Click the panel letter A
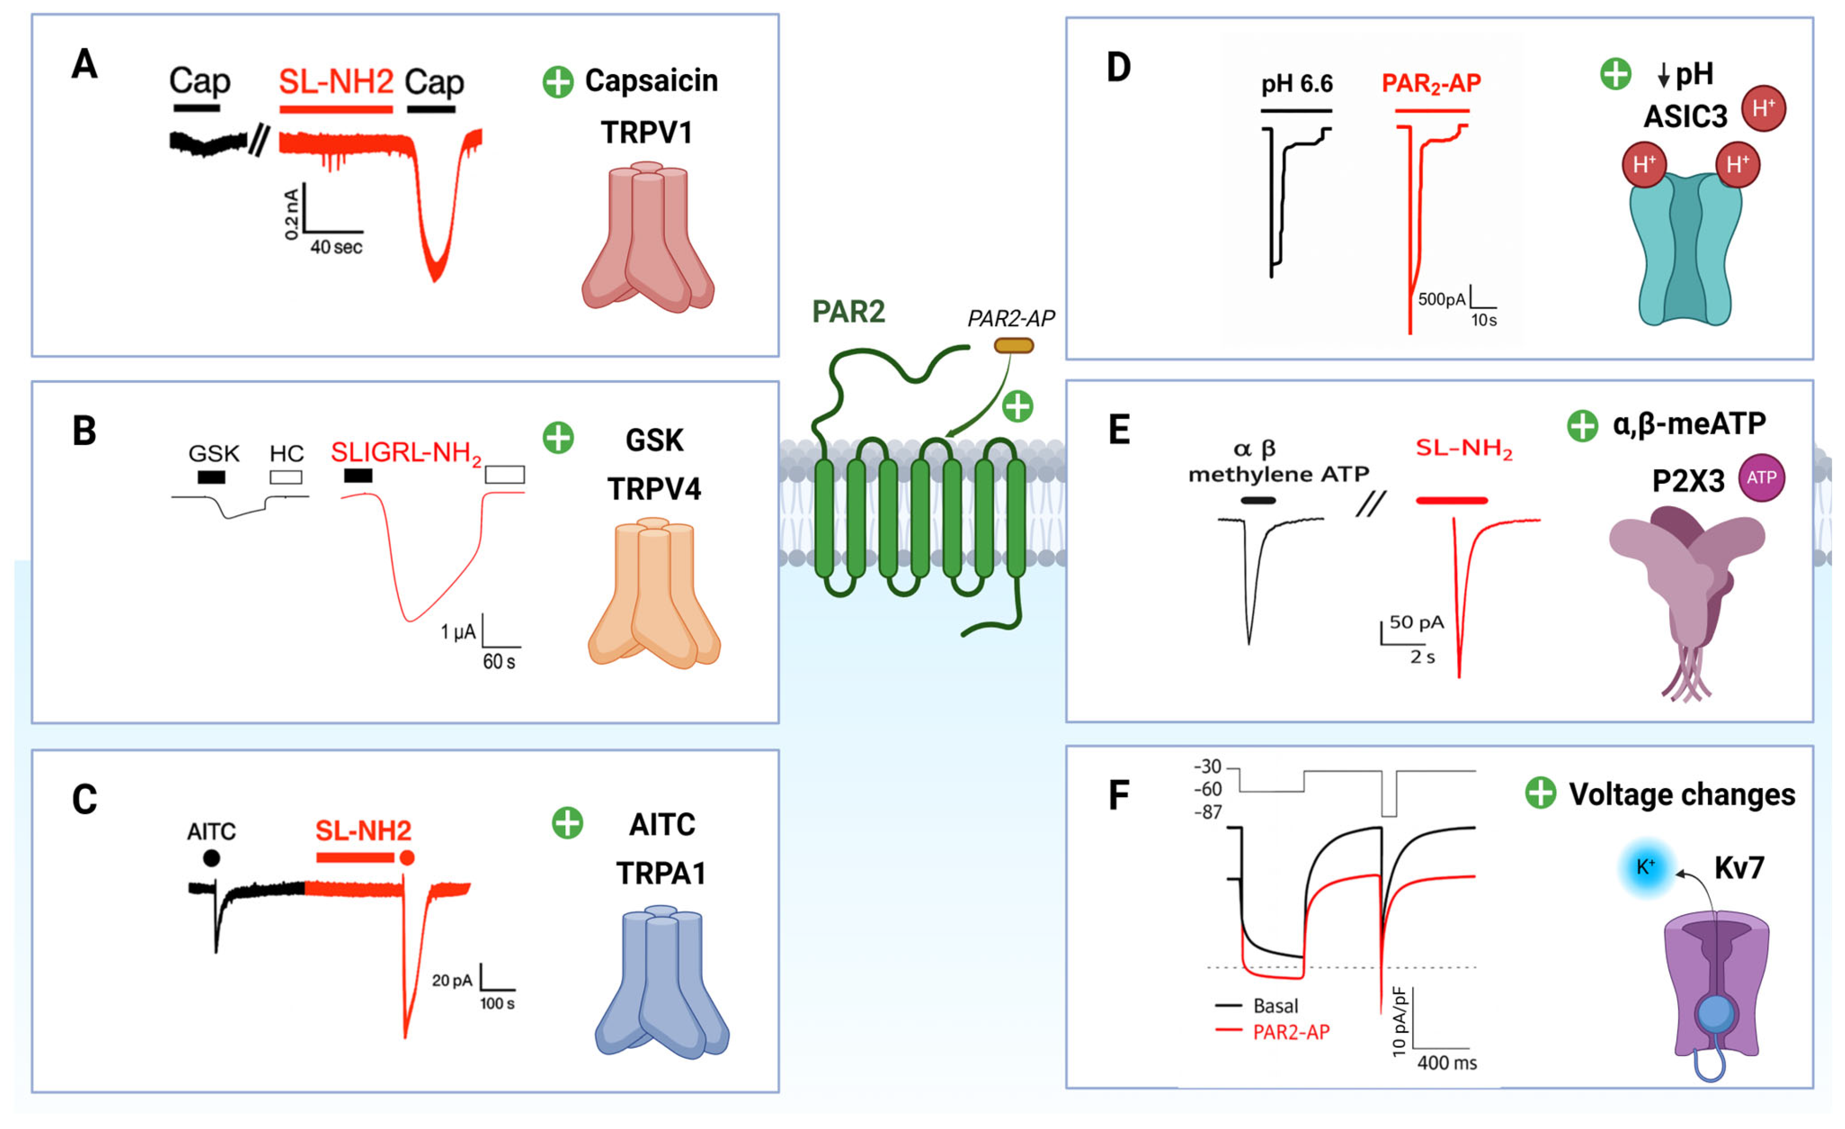(x=85, y=64)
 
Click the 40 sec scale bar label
(x=336, y=247)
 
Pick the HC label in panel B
(x=287, y=454)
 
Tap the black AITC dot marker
(x=212, y=858)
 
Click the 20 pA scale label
(x=451, y=980)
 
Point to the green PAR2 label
(x=848, y=311)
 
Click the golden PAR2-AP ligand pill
(x=1013, y=345)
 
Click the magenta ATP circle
(x=1761, y=478)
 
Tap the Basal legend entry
(x=1275, y=1005)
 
